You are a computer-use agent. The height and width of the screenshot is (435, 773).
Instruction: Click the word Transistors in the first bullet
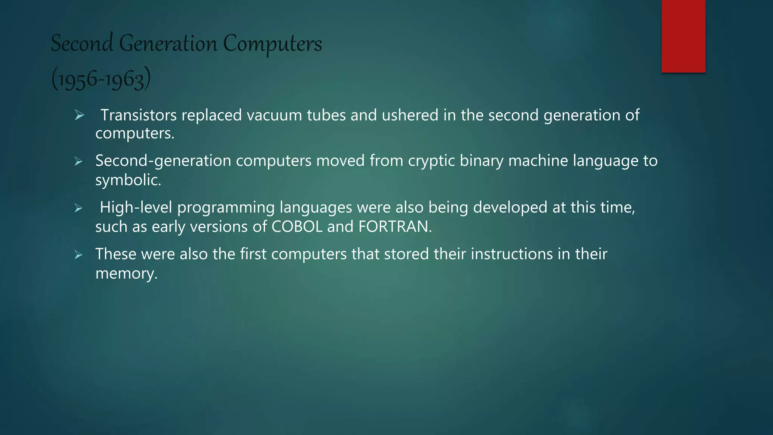coord(139,115)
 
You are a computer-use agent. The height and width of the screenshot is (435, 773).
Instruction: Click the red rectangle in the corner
coord(683,36)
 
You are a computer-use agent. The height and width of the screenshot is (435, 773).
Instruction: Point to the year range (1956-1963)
coord(101,79)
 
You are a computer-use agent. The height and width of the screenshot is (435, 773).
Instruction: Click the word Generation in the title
coord(168,43)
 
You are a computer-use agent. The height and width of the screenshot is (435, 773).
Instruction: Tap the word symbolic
coord(128,180)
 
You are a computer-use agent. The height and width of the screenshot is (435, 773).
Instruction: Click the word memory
coord(126,273)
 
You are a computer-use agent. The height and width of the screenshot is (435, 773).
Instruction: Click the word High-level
coord(136,207)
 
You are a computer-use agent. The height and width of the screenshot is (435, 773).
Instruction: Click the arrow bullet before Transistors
coord(79,115)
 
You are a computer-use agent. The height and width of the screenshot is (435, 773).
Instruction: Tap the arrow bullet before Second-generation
coord(79,162)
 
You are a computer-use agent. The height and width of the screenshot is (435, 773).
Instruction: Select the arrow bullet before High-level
coord(79,208)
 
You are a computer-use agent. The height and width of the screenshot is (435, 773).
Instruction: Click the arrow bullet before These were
coord(79,255)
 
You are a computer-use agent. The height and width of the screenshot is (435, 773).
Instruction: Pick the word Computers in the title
coord(272,44)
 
